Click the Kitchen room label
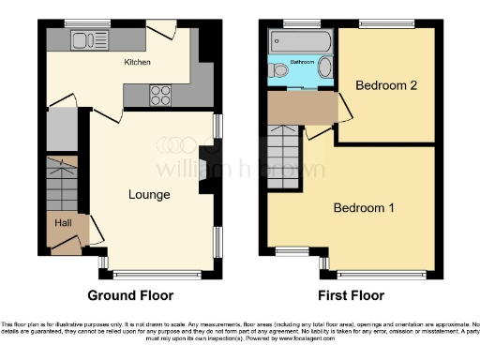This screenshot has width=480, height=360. [x=138, y=63]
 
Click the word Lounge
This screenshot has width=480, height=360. [x=149, y=195]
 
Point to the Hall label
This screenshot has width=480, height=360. [x=63, y=223]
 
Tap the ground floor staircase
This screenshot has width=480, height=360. [x=63, y=183]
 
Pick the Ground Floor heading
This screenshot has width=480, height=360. [x=130, y=295]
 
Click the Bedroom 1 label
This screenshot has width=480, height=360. [x=364, y=207]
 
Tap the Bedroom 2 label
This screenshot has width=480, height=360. [x=383, y=84]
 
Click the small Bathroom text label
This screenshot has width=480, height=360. [x=302, y=62]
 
